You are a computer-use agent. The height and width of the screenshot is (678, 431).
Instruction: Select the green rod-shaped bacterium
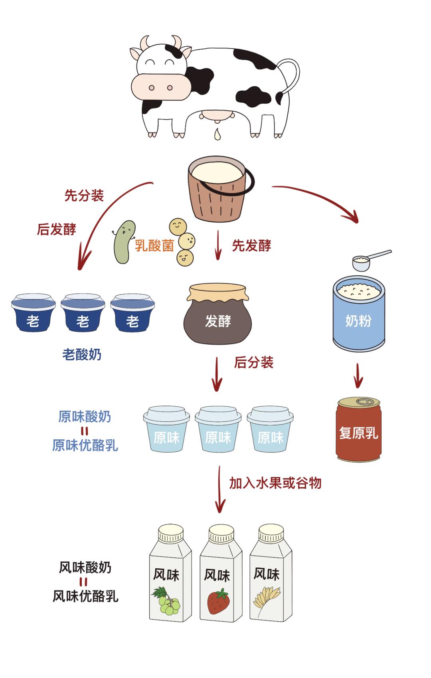point(123,241)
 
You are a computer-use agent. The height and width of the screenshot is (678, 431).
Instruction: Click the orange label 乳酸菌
point(154,245)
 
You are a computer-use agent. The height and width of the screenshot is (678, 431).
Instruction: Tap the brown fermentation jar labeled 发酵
point(217,315)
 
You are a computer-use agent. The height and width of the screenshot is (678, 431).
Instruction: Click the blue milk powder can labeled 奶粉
point(358,315)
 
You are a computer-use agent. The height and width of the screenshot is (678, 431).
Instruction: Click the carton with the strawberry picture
point(219,575)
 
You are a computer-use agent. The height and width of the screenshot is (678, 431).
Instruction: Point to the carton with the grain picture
point(270,575)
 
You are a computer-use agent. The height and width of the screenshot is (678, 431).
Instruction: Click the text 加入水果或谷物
point(275,483)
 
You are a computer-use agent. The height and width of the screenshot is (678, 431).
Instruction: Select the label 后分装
point(253,362)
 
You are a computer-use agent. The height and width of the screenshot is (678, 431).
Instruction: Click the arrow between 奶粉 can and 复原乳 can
point(358,375)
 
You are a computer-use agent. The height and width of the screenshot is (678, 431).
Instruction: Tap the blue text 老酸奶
point(82,354)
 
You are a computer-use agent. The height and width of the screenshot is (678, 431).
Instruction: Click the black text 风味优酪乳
point(85,596)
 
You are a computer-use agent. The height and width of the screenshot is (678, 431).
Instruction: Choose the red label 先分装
point(84,196)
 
